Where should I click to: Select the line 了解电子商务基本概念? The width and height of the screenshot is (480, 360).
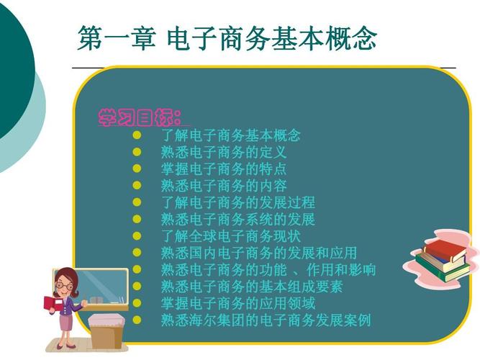(230, 135)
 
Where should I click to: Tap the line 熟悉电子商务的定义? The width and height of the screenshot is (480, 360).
(224, 152)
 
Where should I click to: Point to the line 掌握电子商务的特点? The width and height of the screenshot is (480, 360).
(224, 168)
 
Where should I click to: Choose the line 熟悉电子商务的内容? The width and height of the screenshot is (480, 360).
(224, 186)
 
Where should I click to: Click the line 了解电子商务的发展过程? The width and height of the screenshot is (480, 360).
(237, 202)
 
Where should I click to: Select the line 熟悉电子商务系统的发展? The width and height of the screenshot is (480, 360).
(237, 219)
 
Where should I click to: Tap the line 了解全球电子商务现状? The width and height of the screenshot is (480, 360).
(230, 235)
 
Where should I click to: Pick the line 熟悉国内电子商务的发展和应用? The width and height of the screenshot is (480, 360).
(258, 253)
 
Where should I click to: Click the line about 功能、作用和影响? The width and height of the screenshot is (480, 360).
(268, 270)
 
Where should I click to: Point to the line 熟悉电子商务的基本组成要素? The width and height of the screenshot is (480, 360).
(252, 287)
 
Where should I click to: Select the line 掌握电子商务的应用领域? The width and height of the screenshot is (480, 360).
(237, 303)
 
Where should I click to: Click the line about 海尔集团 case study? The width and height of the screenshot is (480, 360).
(266, 320)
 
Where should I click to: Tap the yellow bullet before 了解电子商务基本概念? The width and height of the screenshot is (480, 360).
(137, 135)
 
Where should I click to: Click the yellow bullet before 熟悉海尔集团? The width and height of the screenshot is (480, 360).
(137, 320)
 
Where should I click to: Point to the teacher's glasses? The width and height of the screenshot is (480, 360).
(65, 285)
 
